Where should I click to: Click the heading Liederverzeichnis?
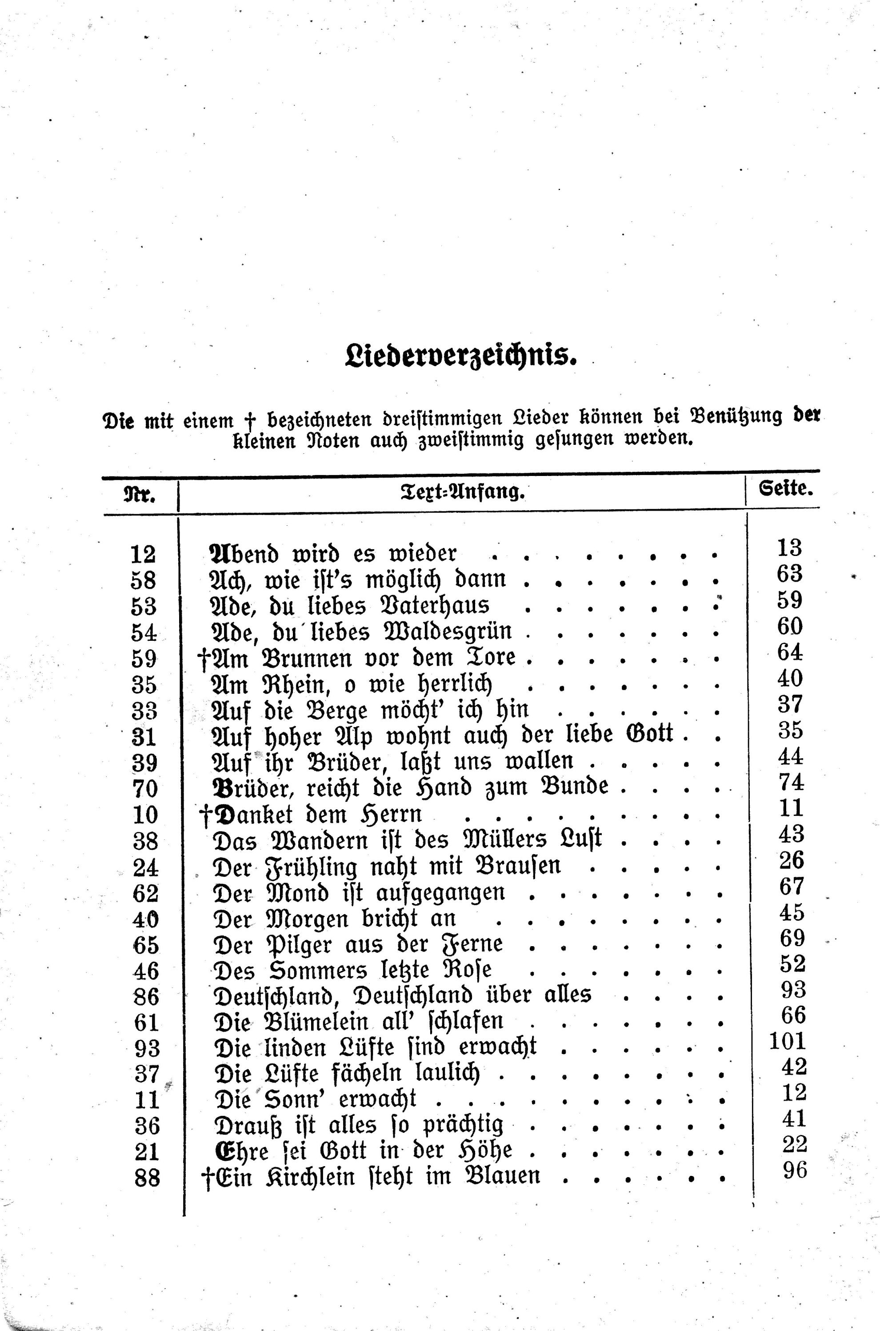(x=461, y=357)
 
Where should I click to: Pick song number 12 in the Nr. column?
(x=143, y=554)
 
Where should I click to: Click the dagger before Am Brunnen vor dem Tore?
(x=204, y=658)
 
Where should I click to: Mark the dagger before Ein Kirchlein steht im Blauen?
(x=207, y=1177)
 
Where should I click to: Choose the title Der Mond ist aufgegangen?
(x=359, y=893)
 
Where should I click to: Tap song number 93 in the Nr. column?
(x=147, y=1047)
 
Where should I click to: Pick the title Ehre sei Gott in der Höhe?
(x=364, y=1150)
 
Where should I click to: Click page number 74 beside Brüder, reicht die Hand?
(x=791, y=782)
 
